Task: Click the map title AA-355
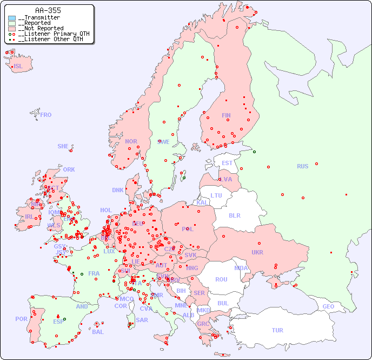click(48, 10)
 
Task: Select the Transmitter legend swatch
click(12, 18)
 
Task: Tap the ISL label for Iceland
click(18, 67)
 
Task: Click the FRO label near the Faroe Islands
click(46, 115)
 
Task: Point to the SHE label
click(63, 146)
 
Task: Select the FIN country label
click(226, 115)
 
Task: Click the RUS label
click(302, 166)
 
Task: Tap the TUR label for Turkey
click(277, 330)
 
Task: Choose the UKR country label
click(257, 252)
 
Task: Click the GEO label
click(328, 306)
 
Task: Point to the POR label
click(21, 319)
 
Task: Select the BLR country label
click(235, 215)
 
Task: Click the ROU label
click(221, 279)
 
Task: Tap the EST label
click(228, 163)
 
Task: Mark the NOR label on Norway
click(131, 141)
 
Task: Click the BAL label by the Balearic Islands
click(98, 332)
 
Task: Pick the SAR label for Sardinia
click(142, 320)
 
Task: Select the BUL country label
click(223, 303)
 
